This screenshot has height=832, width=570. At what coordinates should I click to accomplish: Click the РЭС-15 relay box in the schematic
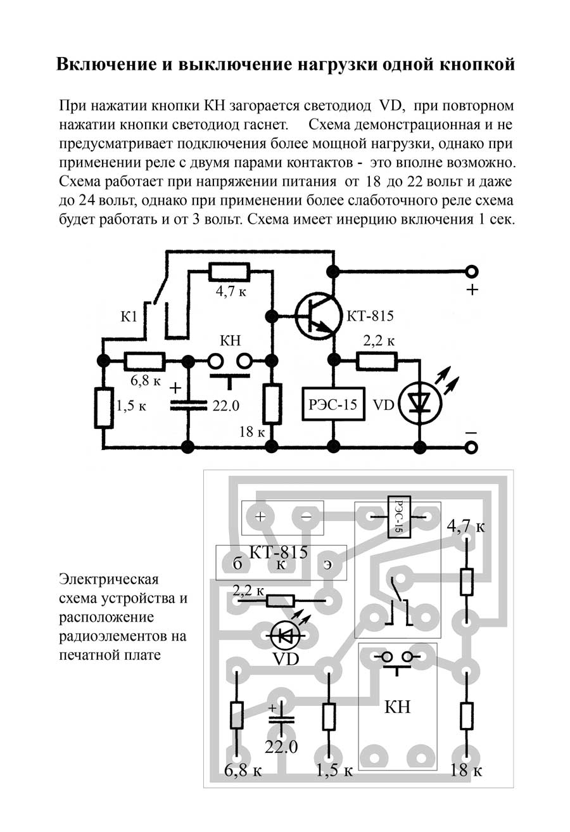[333, 404]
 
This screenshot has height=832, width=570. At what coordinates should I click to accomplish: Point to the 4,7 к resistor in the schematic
[229, 273]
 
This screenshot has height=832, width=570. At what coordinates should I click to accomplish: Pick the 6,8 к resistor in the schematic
[145, 361]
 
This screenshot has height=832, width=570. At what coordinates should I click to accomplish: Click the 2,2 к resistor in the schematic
[377, 361]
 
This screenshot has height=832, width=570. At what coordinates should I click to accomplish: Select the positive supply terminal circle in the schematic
[471, 272]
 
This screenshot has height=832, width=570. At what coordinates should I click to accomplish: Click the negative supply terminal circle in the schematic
[471, 448]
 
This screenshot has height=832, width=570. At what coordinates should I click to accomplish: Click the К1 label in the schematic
[129, 316]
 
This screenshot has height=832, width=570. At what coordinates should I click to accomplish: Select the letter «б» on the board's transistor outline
[238, 565]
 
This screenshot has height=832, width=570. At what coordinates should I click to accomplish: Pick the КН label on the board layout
[398, 707]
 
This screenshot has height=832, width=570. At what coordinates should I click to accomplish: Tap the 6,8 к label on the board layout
[243, 771]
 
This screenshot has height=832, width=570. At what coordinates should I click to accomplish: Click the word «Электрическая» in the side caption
[108, 579]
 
